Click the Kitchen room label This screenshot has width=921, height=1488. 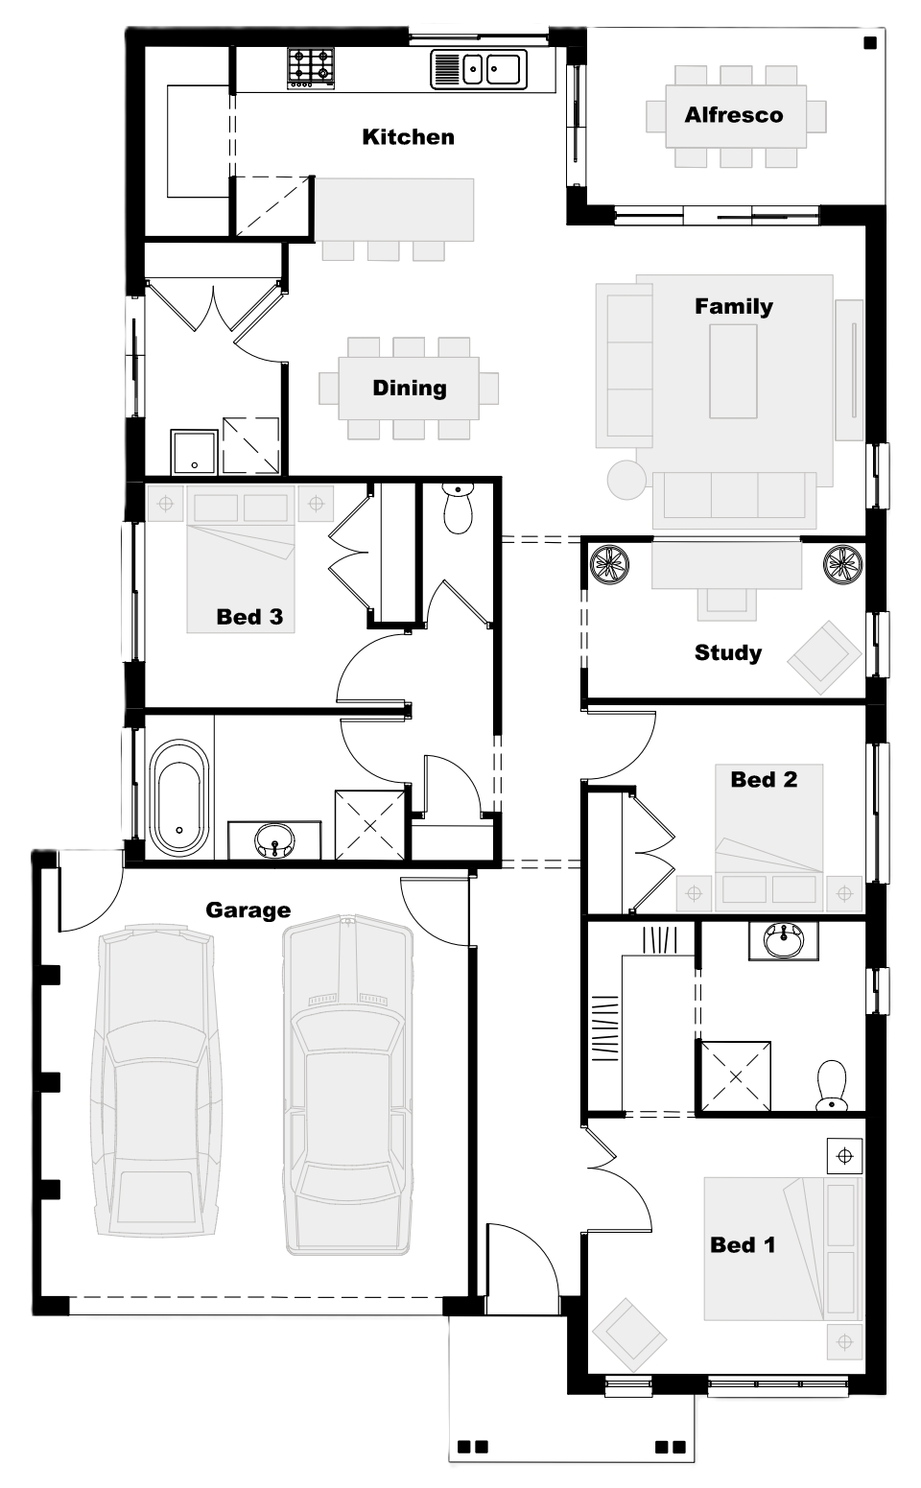click(x=408, y=137)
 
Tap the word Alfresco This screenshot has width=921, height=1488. click(x=734, y=115)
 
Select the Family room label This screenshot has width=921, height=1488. click(x=734, y=306)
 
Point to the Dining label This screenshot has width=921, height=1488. click(x=410, y=388)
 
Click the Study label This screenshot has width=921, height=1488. click(x=727, y=652)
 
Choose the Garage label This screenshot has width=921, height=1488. click(x=248, y=910)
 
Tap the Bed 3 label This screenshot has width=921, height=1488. click(x=249, y=617)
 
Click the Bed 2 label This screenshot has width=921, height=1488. click(x=764, y=779)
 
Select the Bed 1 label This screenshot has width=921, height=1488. click(x=743, y=1245)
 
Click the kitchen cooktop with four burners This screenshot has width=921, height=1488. click(x=311, y=68)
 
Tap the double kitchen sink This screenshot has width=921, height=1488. click(x=479, y=69)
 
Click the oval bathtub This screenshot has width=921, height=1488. click(x=179, y=798)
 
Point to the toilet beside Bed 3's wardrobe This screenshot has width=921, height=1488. click(x=458, y=508)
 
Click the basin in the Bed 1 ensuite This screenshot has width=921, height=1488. click(x=784, y=940)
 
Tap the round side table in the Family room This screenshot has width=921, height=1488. click(x=626, y=479)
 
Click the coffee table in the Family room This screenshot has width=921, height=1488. click(x=733, y=371)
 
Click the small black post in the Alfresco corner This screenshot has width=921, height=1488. click(x=870, y=44)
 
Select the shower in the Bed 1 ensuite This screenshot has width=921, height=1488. click(x=734, y=1076)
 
